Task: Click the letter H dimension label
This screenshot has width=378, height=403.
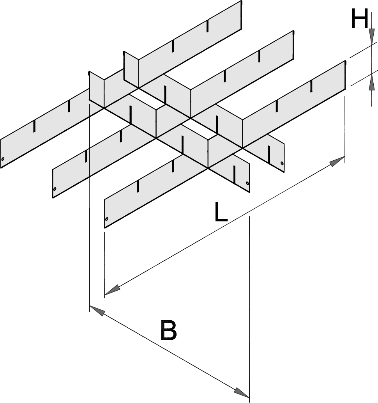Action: (359, 20)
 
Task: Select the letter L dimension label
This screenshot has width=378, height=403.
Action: (221, 213)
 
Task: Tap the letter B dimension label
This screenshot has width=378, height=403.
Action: (168, 330)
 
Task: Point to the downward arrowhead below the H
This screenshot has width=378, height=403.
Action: (372, 37)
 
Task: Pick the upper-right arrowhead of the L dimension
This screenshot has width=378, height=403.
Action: (337, 160)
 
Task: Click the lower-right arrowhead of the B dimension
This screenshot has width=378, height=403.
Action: (241, 391)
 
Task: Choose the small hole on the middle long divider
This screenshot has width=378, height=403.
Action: (55, 189)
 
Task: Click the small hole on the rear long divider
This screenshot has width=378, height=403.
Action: (3, 159)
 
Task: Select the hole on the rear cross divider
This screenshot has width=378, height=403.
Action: (282, 163)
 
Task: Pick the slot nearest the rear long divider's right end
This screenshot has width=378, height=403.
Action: (208, 25)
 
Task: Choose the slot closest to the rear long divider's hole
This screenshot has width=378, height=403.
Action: (34, 126)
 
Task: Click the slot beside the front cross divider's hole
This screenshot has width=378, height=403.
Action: (234, 174)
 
